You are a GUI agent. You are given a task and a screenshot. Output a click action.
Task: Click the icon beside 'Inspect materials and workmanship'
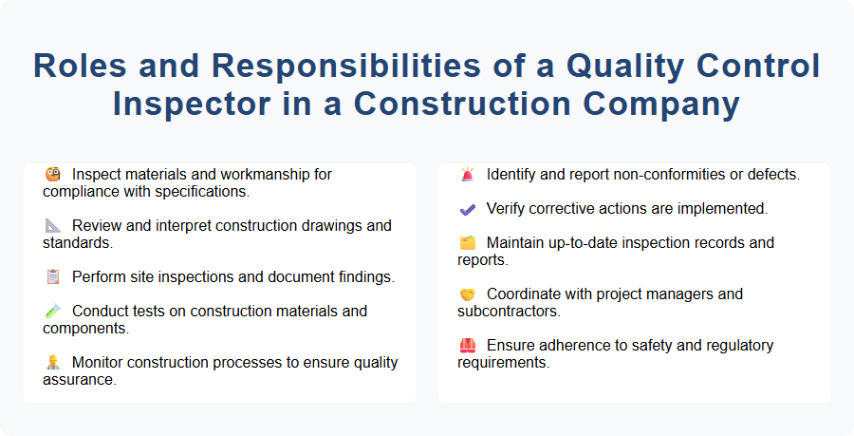[53, 175]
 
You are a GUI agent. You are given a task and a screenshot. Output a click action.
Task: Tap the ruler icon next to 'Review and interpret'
[53, 226]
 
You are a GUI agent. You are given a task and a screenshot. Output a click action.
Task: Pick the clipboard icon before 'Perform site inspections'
[53, 277]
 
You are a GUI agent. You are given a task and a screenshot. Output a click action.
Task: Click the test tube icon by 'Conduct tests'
[53, 312]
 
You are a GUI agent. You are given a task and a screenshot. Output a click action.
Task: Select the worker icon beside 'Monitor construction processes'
[53, 363]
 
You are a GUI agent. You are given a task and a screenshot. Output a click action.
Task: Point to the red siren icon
[467, 175]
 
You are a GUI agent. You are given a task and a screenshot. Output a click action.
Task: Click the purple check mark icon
[467, 209]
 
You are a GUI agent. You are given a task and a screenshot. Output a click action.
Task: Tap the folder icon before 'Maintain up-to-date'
[467, 243]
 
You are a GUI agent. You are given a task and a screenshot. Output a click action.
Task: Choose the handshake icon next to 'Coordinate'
[467, 294]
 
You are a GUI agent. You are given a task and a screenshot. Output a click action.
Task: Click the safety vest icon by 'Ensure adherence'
[467, 346]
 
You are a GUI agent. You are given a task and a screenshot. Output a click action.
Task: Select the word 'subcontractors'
[506, 311]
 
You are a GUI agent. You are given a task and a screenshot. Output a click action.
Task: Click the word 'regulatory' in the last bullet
[733, 346]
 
